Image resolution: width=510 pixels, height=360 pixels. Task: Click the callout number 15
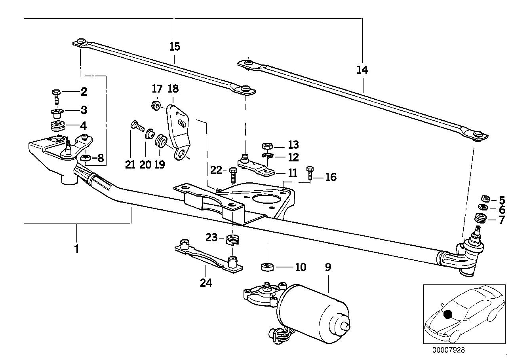tap(174, 46)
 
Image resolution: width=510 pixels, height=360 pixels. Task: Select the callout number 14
tap(362, 70)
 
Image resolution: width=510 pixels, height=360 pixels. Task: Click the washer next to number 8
tap(86, 159)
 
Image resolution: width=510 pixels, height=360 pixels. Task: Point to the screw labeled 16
tap(310, 173)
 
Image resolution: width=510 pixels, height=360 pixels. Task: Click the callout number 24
tap(206, 283)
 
